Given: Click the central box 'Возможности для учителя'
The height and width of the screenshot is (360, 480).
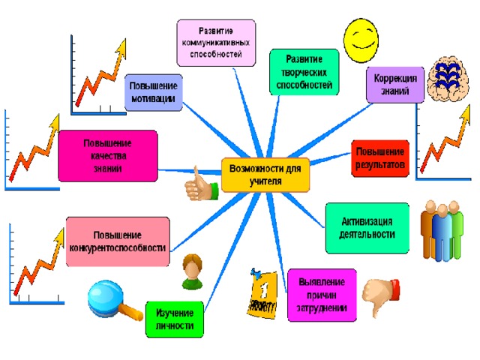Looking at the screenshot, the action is click(265, 175).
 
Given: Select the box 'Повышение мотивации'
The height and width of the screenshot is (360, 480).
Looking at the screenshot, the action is click(153, 92).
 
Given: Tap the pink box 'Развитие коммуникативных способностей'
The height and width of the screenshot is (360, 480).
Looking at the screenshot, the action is click(216, 43).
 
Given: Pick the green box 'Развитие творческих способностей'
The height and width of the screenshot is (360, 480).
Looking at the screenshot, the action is click(304, 72).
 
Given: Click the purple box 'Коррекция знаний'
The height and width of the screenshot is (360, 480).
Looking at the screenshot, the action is click(395, 85).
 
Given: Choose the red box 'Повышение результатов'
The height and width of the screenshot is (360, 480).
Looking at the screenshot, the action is click(380, 158).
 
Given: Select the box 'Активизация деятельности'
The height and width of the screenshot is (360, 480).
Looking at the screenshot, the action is click(367, 228).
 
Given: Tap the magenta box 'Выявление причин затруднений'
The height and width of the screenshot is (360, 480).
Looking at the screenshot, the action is click(322, 295).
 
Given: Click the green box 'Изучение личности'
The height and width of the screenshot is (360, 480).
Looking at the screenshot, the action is click(175, 319).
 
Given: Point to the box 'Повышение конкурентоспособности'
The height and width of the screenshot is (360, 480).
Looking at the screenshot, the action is click(118, 241).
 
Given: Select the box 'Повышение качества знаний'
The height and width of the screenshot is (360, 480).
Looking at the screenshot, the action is click(108, 156).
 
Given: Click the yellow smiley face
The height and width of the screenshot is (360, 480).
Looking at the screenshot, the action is click(361, 40).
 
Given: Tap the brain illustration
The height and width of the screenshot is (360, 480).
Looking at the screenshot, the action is click(448, 79).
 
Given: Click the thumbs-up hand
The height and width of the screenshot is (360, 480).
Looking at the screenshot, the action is click(201, 185).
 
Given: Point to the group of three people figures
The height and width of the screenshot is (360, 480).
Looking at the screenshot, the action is click(442, 231).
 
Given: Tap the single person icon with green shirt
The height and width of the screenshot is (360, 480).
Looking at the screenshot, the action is click(192, 271).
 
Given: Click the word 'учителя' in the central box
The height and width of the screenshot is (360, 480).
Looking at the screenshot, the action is click(265, 181).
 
